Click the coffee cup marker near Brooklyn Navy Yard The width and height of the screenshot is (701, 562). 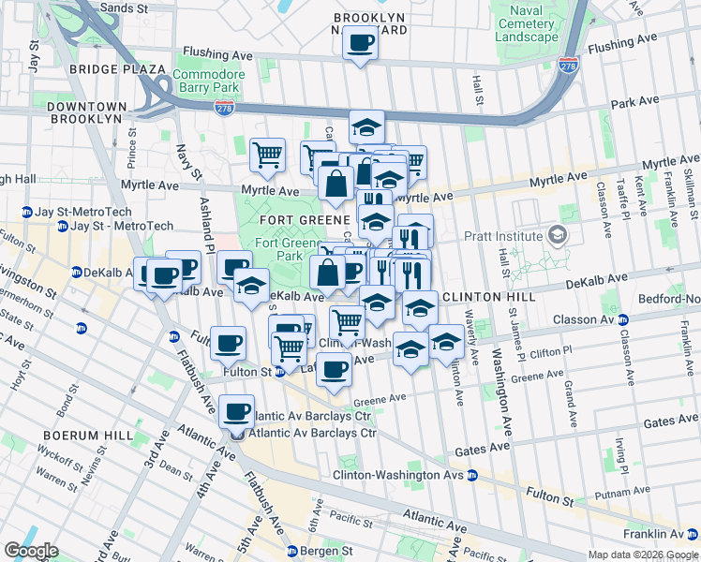tap(360, 42)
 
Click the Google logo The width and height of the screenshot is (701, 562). tap(31, 551)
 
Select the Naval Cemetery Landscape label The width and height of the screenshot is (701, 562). tap(527, 23)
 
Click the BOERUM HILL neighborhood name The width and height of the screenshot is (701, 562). tap(79, 436)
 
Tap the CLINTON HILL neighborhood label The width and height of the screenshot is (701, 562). tap(487, 297)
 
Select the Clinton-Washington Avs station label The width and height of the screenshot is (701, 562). tap(398, 475)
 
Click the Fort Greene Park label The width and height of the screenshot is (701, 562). tap(279, 249)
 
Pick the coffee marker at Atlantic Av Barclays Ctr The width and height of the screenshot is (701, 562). tap(236, 409)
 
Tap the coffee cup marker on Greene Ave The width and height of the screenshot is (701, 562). tap(333, 367)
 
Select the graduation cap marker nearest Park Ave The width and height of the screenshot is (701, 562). tap(367, 126)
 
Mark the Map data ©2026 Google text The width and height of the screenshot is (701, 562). tap(643, 555)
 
